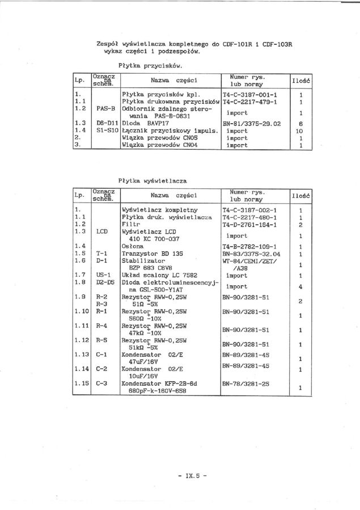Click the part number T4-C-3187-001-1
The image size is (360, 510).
[x=249, y=94]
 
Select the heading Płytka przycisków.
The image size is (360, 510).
[x=150, y=65]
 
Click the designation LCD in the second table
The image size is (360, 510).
[x=102, y=231]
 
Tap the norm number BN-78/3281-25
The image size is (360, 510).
[x=246, y=384]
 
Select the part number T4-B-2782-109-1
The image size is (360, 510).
[x=249, y=246]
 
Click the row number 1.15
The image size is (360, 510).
[x=82, y=384]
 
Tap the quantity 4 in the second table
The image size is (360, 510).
[x=300, y=286]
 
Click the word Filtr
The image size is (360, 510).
[x=131, y=224]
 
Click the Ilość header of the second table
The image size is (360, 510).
[x=300, y=196]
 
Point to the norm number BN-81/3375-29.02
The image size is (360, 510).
[x=252, y=123]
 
